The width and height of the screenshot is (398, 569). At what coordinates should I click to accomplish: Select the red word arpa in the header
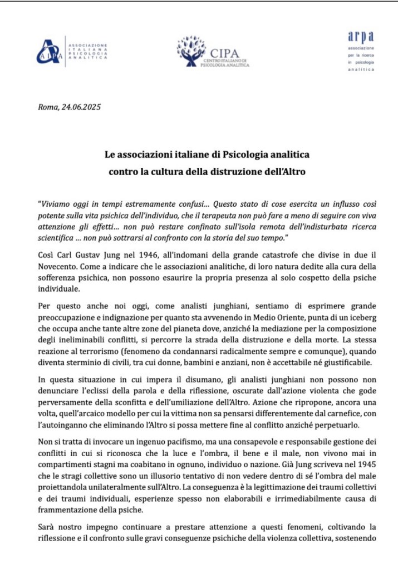pos(362,37)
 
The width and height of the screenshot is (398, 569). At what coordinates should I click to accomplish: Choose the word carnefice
pos(331,412)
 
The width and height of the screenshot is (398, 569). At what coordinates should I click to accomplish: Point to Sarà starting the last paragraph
pos(48,527)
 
